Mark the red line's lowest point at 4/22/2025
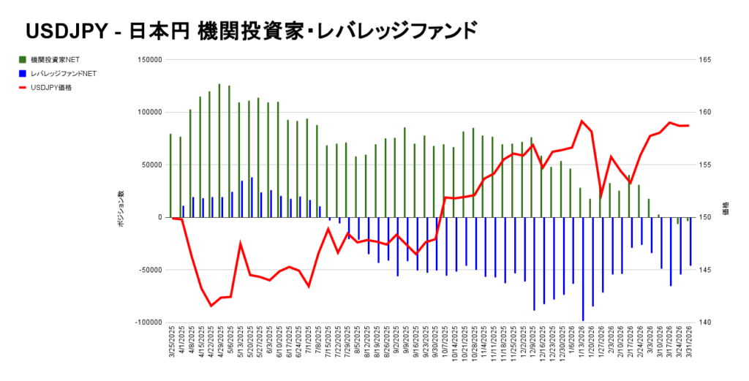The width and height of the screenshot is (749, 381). point(211,306)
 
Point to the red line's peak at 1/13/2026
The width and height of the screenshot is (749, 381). point(581,121)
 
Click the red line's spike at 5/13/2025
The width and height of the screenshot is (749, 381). point(241,243)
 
